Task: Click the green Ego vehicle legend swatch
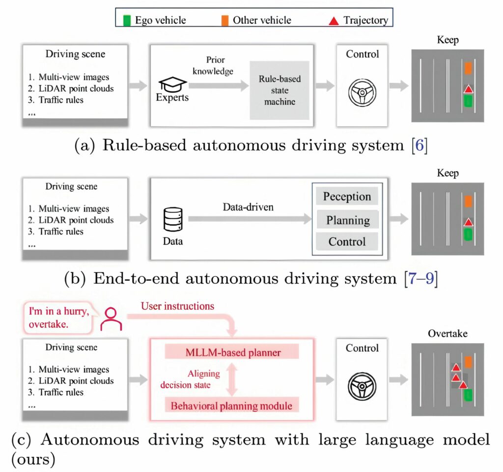tap(127, 20)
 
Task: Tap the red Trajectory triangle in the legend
tap(334, 21)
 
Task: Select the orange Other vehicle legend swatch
tap(225, 20)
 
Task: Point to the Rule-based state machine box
tap(279, 90)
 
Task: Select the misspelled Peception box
tap(347, 197)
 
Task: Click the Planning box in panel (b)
tap(348, 219)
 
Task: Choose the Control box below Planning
tap(347, 241)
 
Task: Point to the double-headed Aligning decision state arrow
tap(231, 379)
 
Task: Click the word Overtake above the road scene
tap(447, 334)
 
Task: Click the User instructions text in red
tap(177, 306)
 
